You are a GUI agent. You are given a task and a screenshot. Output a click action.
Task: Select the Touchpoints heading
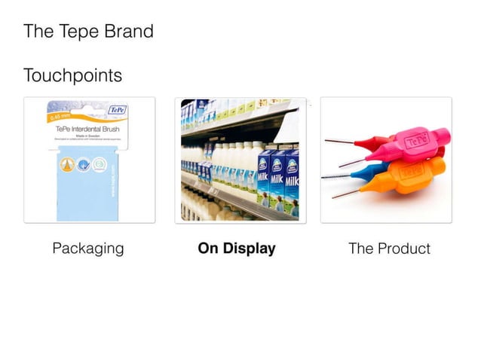click(72, 76)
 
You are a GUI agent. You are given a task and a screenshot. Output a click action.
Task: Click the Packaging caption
click(88, 249)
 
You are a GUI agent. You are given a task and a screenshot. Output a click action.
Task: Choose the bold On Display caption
click(236, 249)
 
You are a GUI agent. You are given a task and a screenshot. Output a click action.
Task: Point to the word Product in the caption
click(403, 249)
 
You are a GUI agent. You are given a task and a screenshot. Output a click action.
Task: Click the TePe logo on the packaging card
click(118, 110)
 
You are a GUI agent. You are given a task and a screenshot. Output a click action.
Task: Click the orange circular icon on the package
click(66, 163)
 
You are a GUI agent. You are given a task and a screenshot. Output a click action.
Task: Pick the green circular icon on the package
click(100, 163)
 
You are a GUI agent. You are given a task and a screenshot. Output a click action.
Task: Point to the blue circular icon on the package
click(83, 163)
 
